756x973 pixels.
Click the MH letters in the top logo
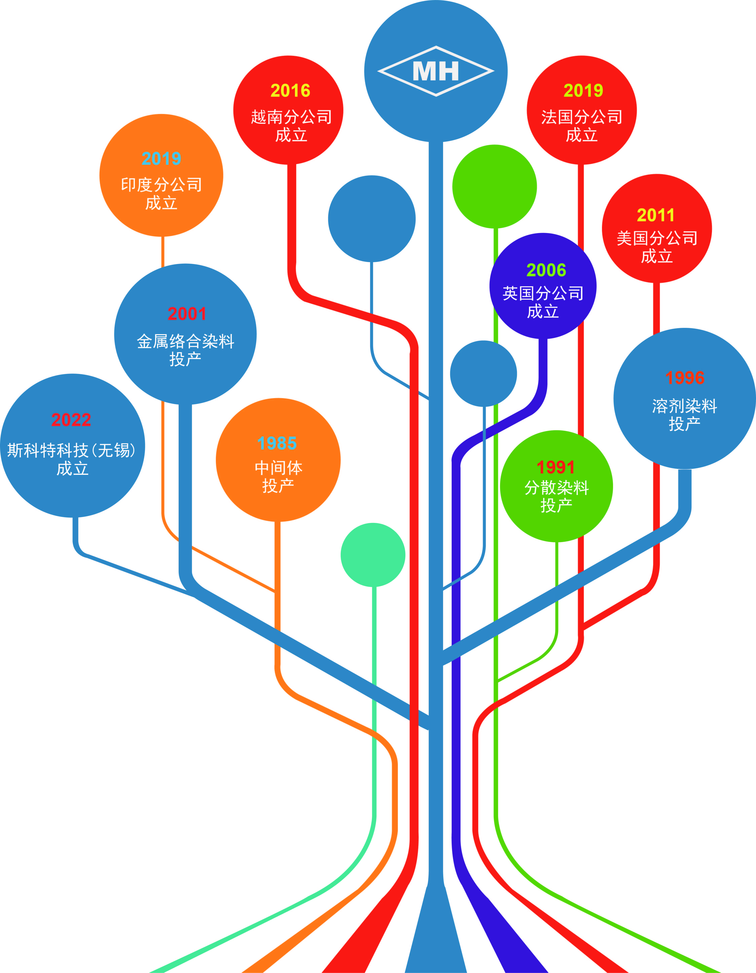coord(436,71)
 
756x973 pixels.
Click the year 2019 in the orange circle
coord(161,159)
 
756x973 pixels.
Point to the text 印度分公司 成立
coord(161,193)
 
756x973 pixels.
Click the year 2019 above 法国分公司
coord(583,91)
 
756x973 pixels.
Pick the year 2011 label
coord(656,215)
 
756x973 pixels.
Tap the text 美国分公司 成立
coord(657,247)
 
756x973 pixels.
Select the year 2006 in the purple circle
coord(546,270)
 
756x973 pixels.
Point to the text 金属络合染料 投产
coord(185,350)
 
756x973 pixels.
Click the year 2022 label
coord(71,420)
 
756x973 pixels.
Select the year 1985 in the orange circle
coord(277,443)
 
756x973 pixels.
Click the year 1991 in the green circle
coord(556,467)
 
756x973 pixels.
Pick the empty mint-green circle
coord(373,555)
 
